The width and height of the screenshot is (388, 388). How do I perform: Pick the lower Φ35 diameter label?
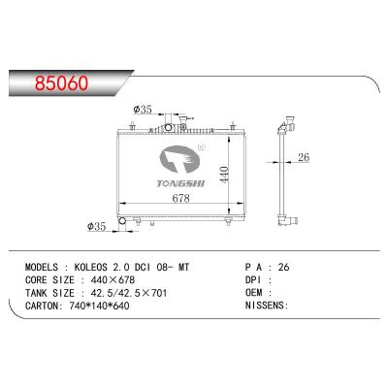[x=98, y=228]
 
